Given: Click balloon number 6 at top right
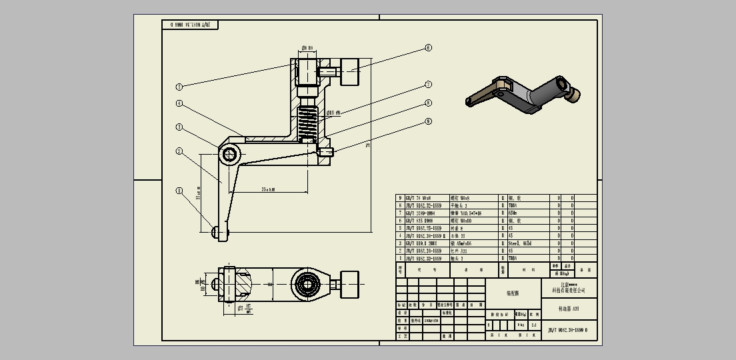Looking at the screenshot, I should click(429, 48).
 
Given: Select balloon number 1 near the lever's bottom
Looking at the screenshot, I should click(179, 191).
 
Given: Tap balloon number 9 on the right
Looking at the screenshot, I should click(429, 121).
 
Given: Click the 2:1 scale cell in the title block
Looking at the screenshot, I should click(533, 325).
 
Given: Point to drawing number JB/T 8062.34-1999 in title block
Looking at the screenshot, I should click(567, 329).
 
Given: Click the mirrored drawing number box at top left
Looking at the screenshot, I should click(190, 25).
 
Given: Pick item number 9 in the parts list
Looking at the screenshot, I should click(400, 198).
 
